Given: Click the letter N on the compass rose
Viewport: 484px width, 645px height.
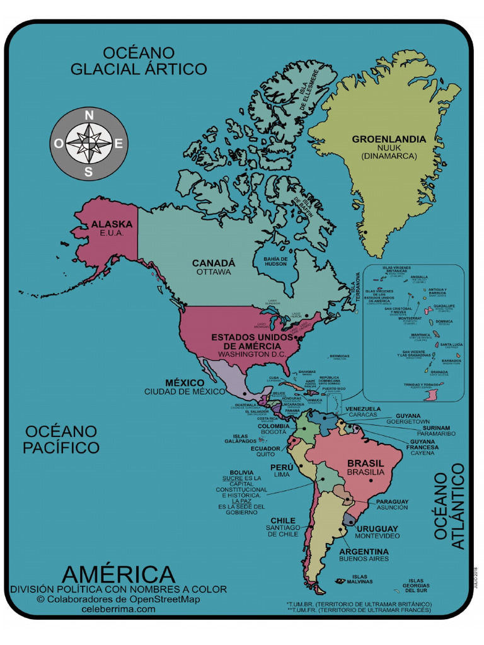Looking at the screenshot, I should click(89, 115).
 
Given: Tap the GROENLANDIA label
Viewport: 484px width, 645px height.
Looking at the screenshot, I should click(388, 139).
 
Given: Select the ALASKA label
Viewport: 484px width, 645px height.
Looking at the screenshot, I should click(112, 224).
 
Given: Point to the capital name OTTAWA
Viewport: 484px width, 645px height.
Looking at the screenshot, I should click(213, 272).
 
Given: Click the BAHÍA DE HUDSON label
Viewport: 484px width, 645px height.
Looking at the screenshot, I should click(275, 261).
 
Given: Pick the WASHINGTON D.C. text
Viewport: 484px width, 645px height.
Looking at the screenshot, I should click(252, 355).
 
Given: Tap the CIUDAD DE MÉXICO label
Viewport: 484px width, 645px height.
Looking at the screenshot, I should click(184, 392).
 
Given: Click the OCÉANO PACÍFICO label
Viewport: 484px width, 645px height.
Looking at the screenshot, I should click(61, 440).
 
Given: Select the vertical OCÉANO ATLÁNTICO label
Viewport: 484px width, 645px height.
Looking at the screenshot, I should click(450, 506).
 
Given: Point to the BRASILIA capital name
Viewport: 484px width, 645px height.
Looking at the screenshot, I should click(366, 472).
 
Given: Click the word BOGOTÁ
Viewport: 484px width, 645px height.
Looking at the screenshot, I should click(274, 433).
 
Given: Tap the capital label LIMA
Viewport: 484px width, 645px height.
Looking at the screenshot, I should click(281, 475).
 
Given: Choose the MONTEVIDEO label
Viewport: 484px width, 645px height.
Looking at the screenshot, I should click(377, 536).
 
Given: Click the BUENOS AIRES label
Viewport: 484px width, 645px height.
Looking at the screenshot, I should click(364, 559).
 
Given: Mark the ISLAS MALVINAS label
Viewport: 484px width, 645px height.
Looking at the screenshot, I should click(362, 579).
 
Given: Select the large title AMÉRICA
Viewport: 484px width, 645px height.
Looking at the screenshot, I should click(118, 574).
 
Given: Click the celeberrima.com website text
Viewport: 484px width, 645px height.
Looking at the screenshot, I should click(118, 609).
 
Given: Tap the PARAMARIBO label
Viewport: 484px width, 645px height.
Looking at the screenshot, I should click(427, 434).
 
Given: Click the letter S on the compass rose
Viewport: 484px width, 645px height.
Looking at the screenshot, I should click(89, 171).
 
